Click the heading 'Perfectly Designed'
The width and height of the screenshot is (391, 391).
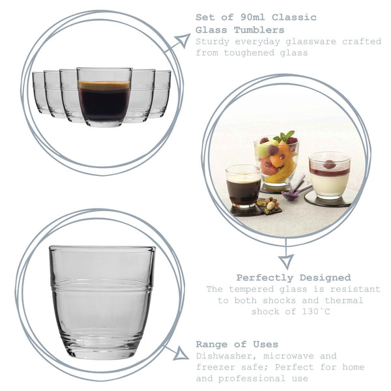click(293, 278)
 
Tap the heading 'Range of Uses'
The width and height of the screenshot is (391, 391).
click(237, 344)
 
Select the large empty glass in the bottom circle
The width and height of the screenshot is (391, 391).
click(102, 300)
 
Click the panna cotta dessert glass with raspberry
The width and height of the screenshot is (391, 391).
click(329, 175)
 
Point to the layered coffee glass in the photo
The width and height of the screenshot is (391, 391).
click(243, 186)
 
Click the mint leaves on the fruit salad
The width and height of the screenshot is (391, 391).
click(284, 137)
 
